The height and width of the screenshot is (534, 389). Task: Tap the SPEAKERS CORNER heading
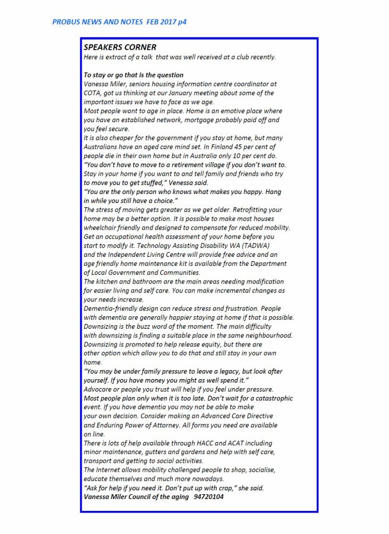(120, 47)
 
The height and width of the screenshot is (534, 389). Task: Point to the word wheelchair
(103, 228)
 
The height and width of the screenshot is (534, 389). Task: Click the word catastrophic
(265, 398)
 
